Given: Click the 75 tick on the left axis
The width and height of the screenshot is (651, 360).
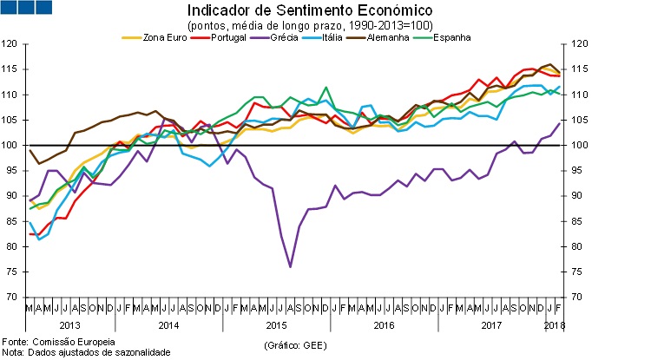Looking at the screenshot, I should click(x=12, y=272).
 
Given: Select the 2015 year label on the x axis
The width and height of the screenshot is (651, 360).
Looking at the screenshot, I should click(x=275, y=324).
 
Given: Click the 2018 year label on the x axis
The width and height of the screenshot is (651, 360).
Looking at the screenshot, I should click(x=553, y=324).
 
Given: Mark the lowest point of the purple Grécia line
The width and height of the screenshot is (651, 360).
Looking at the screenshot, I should click(x=289, y=266).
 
